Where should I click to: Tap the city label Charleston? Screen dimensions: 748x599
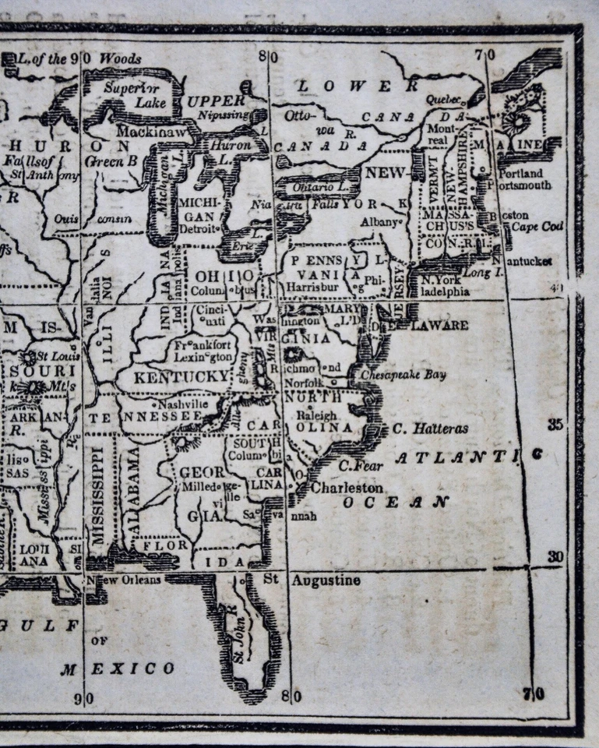(x=347, y=488)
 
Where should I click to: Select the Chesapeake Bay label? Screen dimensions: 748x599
(x=403, y=375)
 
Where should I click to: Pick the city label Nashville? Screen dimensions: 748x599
(x=182, y=404)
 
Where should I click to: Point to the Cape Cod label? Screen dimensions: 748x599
(x=537, y=228)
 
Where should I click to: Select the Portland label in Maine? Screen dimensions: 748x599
(x=524, y=173)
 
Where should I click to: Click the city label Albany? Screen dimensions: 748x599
(x=379, y=221)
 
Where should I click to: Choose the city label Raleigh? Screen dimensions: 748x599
(x=316, y=416)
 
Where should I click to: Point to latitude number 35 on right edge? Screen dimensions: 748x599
(x=555, y=425)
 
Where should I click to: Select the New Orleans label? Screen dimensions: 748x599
(x=125, y=580)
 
